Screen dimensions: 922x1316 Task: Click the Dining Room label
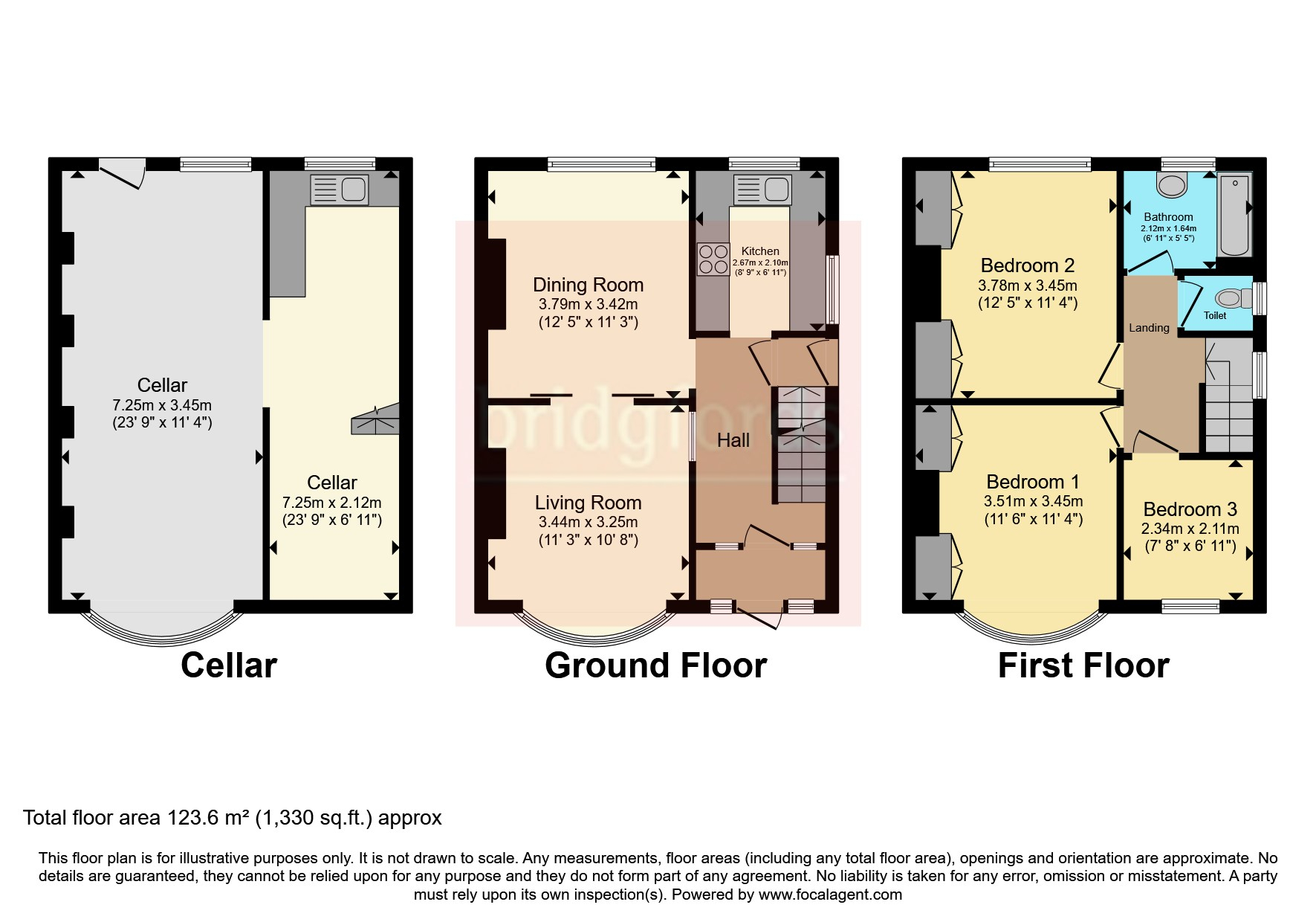tap(588, 285)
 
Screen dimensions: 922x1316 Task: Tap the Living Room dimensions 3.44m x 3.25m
tap(588, 522)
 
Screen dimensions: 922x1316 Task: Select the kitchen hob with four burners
tap(713, 259)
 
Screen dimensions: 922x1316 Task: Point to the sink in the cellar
tap(339, 190)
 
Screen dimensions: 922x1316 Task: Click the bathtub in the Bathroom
tap(1234, 214)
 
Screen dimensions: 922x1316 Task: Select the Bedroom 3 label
tap(1190, 509)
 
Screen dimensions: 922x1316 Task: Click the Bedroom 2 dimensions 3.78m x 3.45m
tap(1027, 285)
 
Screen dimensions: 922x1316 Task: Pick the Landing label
tap(1149, 328)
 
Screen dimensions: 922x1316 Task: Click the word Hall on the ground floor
tap(733, 440)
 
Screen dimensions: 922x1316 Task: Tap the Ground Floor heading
tap(655, 665)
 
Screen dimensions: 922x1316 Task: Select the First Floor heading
tap(1083, 665)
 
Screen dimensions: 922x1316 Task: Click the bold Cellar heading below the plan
tap(229, 665)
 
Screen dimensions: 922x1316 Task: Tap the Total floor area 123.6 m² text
tap(232, 818)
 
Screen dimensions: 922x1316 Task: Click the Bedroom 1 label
tap(1032, 481)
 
